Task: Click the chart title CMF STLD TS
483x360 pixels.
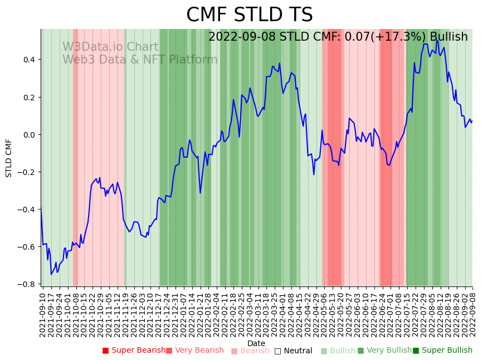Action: point(249,15)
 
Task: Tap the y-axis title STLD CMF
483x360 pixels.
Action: point(9,158)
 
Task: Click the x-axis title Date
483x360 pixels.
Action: point(256,343)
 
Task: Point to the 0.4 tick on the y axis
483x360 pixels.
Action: point(28,60)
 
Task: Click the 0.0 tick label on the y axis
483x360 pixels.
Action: point(28,135)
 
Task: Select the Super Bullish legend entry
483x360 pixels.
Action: point(442,351)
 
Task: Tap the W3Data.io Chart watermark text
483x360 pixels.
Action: point(110,47)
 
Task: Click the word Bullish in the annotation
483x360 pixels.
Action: point(449,37)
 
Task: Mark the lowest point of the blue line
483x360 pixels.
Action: point(51,274)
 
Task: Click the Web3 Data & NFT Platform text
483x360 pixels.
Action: point(140,60)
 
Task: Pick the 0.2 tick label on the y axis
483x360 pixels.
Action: point(28,97)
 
